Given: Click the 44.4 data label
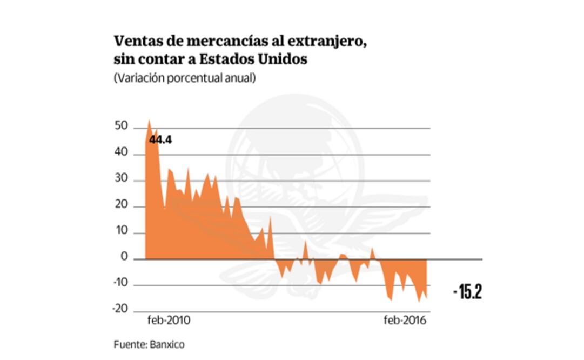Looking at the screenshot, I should click(x=160, y=140).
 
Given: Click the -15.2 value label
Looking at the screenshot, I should click(x=467, y=292).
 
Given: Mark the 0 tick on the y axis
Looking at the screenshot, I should click(x=124, y=258).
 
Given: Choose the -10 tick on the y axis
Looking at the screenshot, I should click(x=119, y=284).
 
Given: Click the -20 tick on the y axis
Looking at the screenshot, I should click(x=119, y=310).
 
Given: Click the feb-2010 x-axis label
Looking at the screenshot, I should click(x=169, y=321).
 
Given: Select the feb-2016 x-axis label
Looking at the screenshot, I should click(x=405, y=321).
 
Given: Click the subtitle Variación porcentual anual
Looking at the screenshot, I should click(x=185, y=78).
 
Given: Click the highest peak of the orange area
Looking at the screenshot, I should click(x=149, y=121).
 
